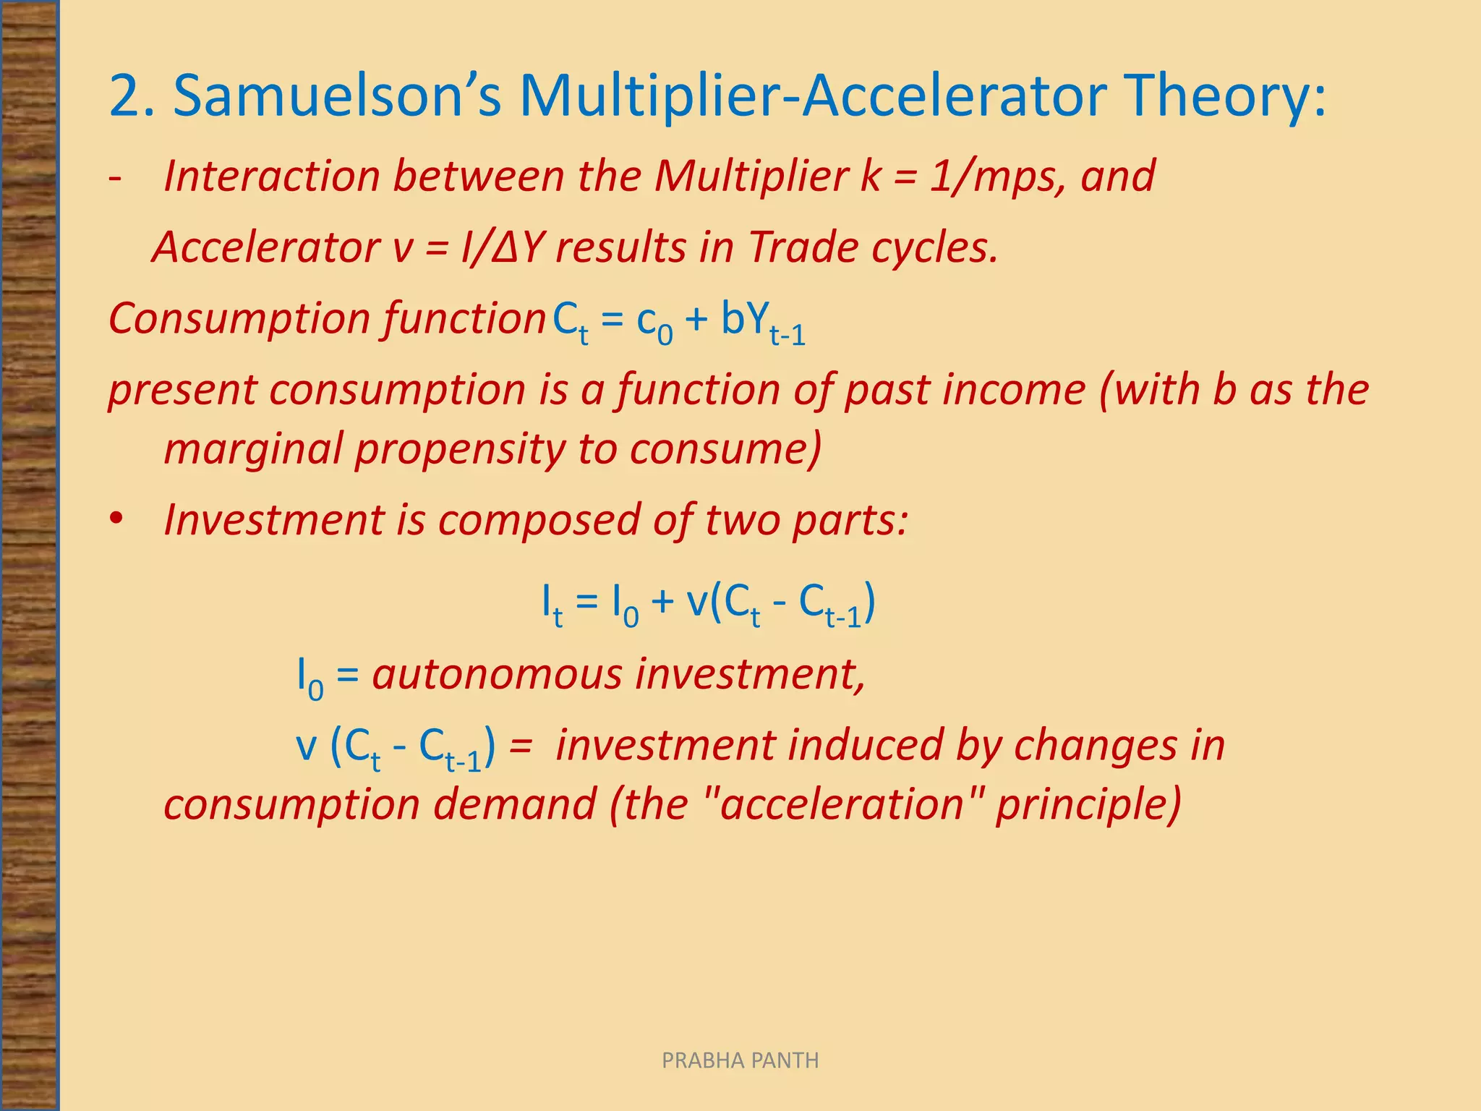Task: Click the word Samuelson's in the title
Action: coord(337,95)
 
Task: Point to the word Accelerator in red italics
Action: coord(265,247)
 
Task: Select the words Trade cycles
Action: coord(873,247)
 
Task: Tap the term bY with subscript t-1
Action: coord(762,322)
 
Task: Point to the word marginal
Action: coord(252,448)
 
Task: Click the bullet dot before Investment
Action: coord(116,519)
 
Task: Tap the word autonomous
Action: coord(497,674)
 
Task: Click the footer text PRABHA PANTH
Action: coord(740,1060)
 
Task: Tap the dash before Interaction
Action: coord(115,176)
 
